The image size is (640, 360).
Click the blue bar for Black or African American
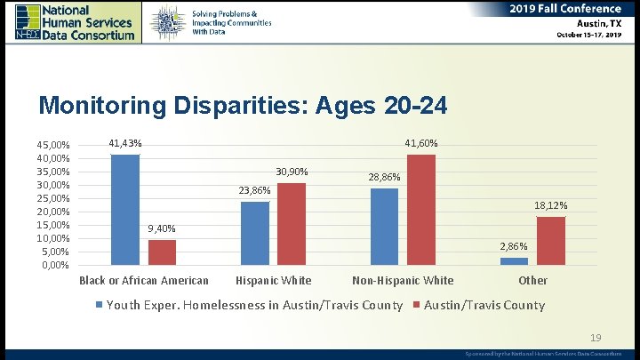tap(125, 210)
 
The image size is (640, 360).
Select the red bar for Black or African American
tap(162, 252)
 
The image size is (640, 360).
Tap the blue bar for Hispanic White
tap(255, 233)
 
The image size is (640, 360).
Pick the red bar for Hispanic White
tap(292, 224)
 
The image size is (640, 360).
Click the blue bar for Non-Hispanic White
tap(385, 227)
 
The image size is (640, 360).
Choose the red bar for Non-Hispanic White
tap(421, 210)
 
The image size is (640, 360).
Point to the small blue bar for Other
tap(514, 261)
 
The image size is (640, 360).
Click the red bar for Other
tap(551, 241)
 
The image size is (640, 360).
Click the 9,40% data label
tap(162, 229)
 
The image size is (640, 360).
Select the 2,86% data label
tap(514, 246)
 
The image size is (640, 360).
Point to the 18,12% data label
tap(551, 206)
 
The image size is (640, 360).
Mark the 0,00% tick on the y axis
tap(55, 266)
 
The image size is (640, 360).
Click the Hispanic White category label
tap(273, 281)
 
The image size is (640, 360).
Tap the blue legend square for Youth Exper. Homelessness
tap(100, 306)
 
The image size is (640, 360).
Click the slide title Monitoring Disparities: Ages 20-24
tap(243, 106)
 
